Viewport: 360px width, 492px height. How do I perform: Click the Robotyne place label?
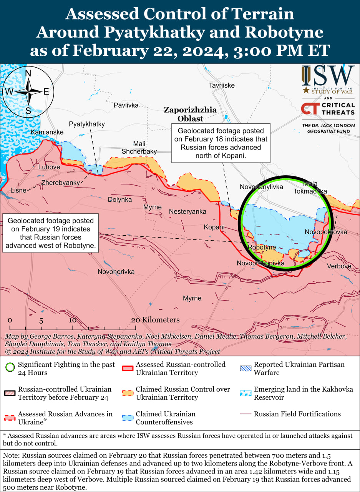click(x=262, y=248)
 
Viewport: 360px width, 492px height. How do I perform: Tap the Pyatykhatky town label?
click(x=87, y=124)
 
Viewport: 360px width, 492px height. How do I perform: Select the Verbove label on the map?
click(x=339, y=266)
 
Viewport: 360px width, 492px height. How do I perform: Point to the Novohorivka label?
click(x=116, y=272)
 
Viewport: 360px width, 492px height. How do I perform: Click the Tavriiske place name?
click(x=222, y=85)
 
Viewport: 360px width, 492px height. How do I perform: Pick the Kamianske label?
click(x=47, y=132)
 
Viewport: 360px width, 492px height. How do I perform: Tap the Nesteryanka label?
click(x=187, y=212)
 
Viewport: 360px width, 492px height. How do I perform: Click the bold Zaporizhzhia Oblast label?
click(x=190, y=114)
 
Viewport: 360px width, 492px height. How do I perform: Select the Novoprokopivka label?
click(x=260, y=263)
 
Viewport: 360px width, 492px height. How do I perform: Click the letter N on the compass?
click(x=28, y=73)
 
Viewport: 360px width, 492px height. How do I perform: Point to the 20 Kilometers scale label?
click(x=155, y=320)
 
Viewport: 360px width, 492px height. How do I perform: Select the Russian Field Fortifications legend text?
click(x=297, y=414)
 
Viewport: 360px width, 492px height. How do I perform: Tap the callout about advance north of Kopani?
click(x=221, y=143)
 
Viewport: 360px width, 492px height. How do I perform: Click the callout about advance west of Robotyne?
click(x=50, y=233)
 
